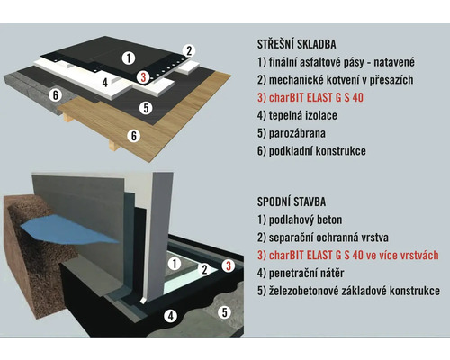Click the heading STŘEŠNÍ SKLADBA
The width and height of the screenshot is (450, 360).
point(296,44)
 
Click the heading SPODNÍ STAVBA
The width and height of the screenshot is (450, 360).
point(292,202)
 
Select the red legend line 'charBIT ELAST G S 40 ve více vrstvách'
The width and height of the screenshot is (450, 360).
point(348,256)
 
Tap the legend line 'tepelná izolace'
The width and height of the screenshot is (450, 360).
point(297,115)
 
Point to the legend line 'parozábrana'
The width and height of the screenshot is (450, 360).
point(292,133)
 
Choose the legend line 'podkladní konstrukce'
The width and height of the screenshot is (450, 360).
point(311,151)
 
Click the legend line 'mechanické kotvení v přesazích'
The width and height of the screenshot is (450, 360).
point(335,80)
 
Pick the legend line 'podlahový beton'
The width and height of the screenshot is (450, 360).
point(300,220)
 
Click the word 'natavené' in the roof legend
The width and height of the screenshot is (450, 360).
point(394,62)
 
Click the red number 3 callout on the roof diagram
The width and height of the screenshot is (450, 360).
point(143,77)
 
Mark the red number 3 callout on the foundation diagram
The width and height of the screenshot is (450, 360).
point(229,265)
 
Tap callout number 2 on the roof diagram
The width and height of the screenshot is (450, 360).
point(189,51)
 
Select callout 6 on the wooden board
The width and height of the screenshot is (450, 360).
point(134,136)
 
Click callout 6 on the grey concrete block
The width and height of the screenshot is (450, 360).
point(56,95)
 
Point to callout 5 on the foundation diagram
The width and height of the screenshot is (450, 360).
point(224,312)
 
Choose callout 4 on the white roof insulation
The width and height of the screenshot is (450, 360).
point(104,83)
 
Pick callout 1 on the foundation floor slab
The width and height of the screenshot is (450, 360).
point(175,264)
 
